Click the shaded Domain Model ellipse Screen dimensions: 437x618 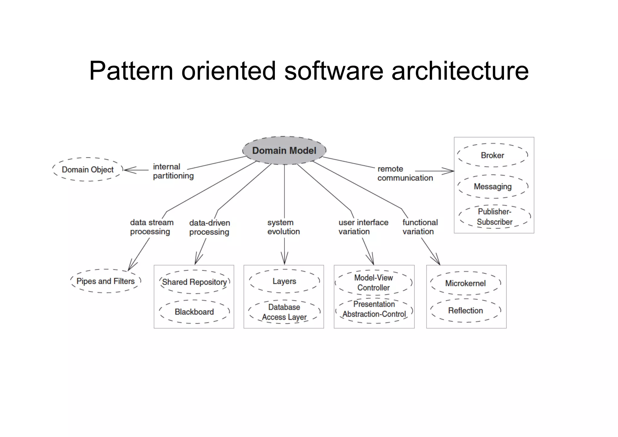284,150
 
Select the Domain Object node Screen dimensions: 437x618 88,169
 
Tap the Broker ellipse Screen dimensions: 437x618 492,155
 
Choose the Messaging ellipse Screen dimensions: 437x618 493,186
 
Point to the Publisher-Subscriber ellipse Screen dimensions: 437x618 495,217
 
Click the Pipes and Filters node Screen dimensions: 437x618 106,281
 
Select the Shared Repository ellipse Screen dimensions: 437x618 194,282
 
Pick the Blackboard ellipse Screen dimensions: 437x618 194,312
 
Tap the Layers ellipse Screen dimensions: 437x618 284,281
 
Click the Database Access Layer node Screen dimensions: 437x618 284,312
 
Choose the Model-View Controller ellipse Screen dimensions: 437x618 374,283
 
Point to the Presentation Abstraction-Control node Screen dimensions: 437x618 374,309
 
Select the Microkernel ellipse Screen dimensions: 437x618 465,283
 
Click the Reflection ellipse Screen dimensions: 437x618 465,310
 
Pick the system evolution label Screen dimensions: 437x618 283,227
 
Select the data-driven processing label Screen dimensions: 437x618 209,227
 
